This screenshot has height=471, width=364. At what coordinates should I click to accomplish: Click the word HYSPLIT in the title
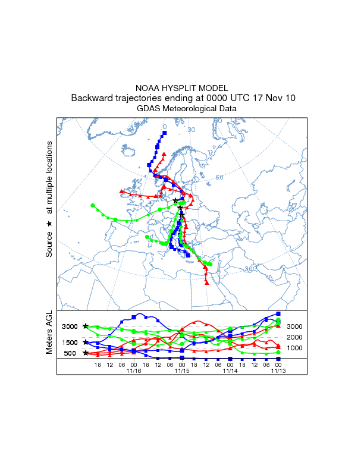[x=182, y=88]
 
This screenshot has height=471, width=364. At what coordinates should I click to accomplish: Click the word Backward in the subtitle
[x=94, y=98]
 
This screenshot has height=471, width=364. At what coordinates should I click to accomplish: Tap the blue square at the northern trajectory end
[x=165, y=132]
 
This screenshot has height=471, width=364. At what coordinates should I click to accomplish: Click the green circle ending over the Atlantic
[x=93, y=206]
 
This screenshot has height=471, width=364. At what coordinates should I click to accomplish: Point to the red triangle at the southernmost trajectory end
[x=207, y=282]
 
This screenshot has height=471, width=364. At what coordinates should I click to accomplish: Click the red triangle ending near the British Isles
[x=121, y=191]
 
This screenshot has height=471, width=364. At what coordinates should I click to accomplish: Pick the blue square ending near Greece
[x=189, y=255]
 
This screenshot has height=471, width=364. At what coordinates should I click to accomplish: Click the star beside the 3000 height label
[x=86, y=326]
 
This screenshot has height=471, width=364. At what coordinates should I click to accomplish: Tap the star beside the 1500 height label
[x=86, y=342]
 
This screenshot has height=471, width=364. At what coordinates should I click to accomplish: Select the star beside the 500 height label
[x=86, y=353]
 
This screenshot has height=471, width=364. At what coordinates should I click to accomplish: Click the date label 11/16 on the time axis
[x=134, y=370]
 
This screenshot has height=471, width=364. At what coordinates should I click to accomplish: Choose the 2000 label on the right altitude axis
[x=295, y=337]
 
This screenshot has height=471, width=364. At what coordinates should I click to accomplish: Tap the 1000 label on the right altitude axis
[x=295, y=348]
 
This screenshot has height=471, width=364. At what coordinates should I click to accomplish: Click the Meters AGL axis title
[x=50, y=335]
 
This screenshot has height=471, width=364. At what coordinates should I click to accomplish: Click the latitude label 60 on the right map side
[x=219, y=177]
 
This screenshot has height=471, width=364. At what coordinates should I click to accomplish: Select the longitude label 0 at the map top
[x=165, y=127]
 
